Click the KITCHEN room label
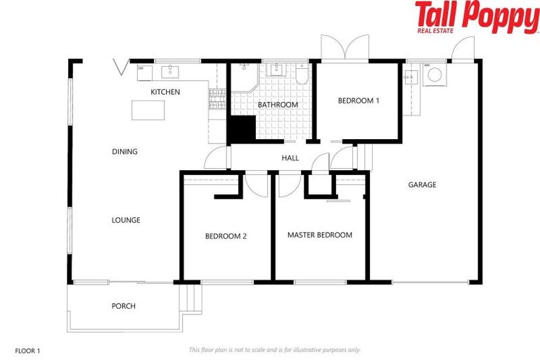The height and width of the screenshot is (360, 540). pyautogui.click(x=165, y=92)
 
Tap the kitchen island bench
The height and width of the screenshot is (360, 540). pyautogui.click(x=148, y=110)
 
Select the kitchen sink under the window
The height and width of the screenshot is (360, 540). pyautogui.click(x=171, y=71)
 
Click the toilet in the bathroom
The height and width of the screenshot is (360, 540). pyautogui.click(x=301, y=75)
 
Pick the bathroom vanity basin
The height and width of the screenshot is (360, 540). pyautogui.click(x=276, y=70)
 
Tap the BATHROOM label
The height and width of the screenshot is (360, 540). pyautogui.click(x=277, y=105)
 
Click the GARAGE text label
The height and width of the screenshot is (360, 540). pyautogui.click(x=422, y=185)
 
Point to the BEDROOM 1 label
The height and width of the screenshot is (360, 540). pyautogui.click(x=358, y=101)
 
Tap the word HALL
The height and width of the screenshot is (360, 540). pyautogui.click(x=290, y=158)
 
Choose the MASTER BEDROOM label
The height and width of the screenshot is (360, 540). pyautogui.click(x=319, y=235)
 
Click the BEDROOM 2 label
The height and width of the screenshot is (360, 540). pyautogui.click(x=225, y=236)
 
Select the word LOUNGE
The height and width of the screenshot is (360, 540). pyautogui.click(x=126, y=220)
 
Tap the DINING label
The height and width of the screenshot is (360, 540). pyautogui.click(x=124, y=152)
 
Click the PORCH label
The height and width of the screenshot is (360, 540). pyautogui.click(x=123, y=306)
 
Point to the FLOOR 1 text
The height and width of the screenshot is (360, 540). pyautogui.click(x=28, y=349)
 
